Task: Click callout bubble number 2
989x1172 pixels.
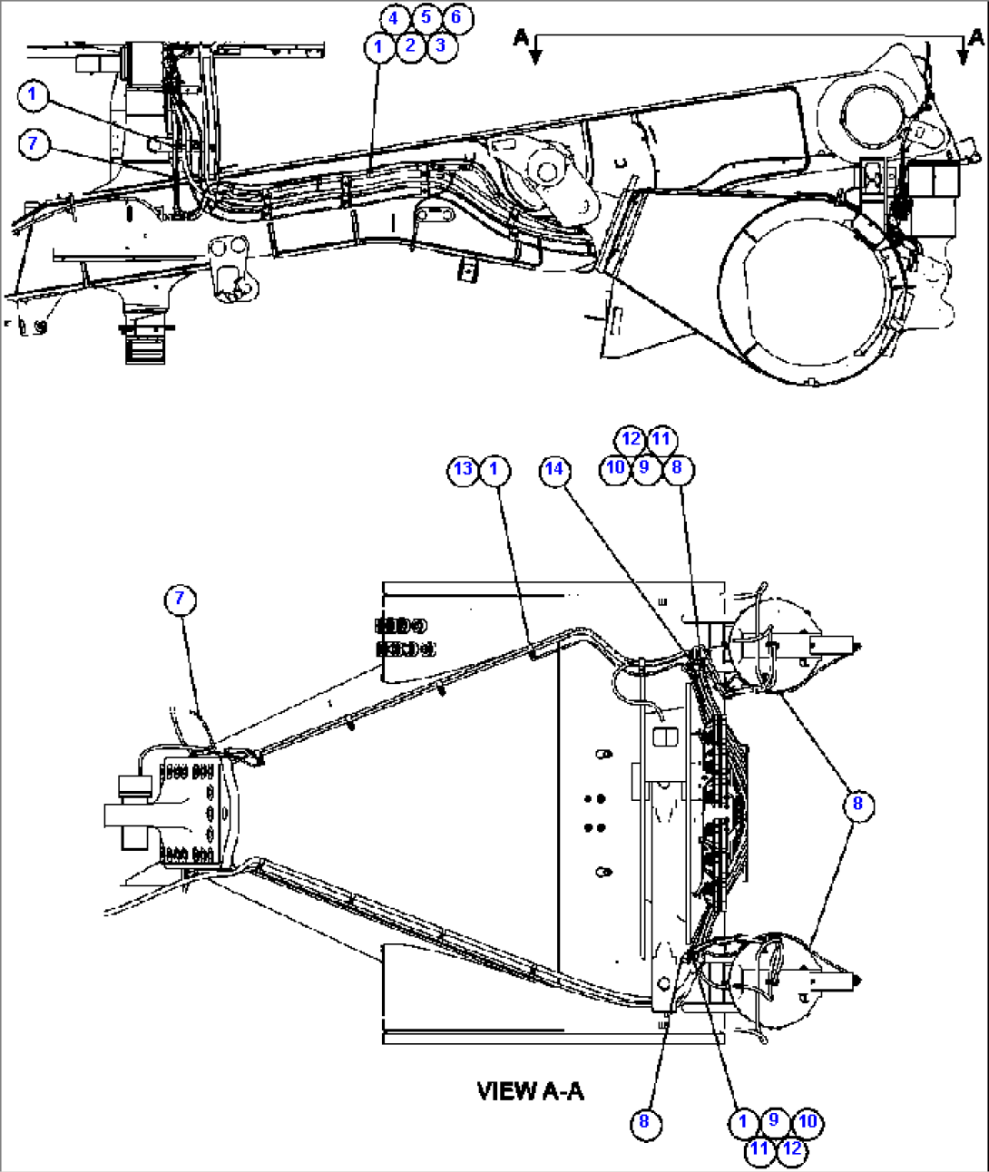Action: coord(410,45)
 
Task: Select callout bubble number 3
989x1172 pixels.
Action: coord(441,45)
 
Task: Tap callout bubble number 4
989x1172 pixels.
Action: coord(394,18)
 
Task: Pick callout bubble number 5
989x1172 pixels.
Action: coord(426,17)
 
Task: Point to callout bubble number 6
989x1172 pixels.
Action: coord(456,18)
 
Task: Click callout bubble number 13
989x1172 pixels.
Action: coord(464,469)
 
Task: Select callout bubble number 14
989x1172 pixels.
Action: coord(554,469)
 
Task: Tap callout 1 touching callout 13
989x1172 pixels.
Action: coord(494,469)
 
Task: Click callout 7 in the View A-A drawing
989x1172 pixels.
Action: coord(180,598)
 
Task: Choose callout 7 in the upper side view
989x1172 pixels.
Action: coord(34,143)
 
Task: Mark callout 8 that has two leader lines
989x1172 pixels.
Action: coord(857,804)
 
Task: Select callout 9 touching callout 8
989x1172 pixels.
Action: coord(644,468)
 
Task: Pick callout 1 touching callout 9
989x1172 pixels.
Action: coord(743,1122)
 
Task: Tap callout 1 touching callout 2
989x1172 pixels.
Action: coord(379,45)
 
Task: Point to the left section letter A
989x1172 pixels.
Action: coord(521,36)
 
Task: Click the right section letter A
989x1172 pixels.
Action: coord(975,36)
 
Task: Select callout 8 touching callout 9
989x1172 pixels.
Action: coord(676,468)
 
